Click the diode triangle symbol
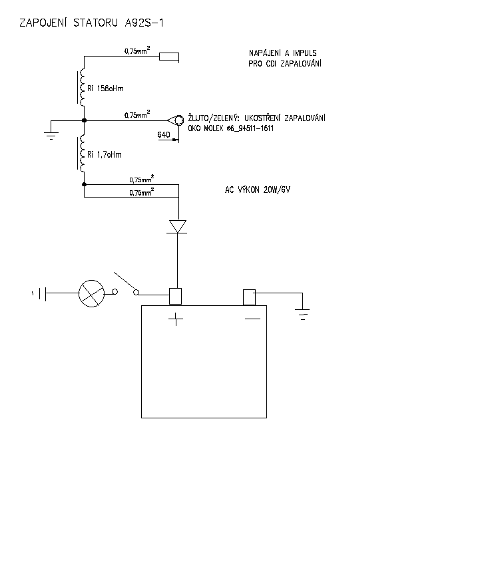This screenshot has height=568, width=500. (177, 226)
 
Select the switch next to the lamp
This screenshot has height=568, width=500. (126, 283)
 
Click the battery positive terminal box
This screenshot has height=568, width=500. (176, 296)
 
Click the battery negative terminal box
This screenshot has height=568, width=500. (250, 296)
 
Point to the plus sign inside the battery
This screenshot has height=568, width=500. (176, 320)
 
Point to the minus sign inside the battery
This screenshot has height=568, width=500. (252, 320)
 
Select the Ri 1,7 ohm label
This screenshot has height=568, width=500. (104, 154)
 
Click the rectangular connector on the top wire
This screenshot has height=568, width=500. (170, 57)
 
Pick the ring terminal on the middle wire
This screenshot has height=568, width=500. (177, 120)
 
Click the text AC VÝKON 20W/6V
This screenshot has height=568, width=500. (258, 190)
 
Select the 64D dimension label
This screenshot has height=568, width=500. (164, 135)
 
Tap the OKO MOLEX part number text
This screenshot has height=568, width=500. (232, 128)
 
